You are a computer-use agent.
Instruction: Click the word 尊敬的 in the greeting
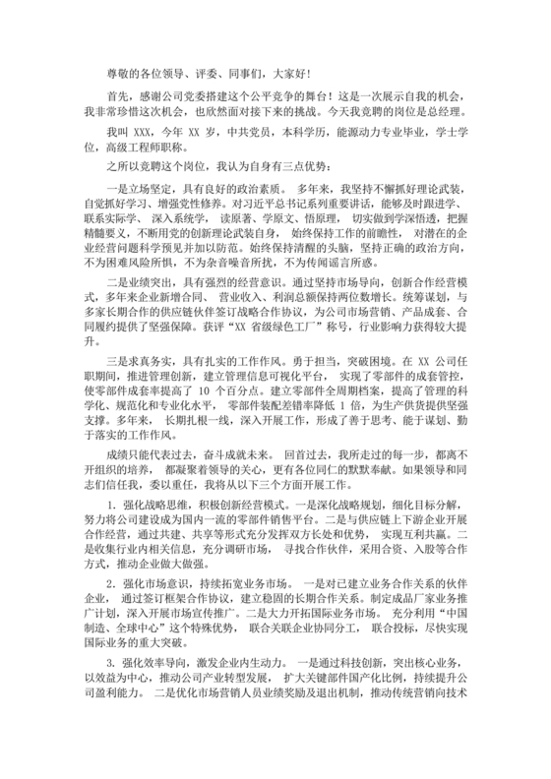(x=122, y=73)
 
